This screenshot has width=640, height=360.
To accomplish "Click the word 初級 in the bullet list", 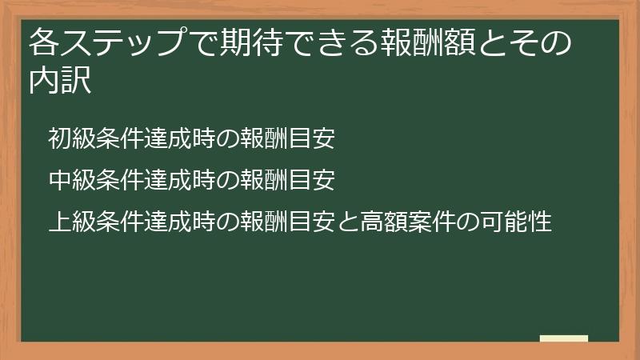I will tap(71, 140).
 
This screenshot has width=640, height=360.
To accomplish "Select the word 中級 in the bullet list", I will tap(71, 180).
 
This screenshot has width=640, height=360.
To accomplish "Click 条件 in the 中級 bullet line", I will tap(119, 180).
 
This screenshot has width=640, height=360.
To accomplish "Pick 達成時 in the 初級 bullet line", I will tap(179, 140).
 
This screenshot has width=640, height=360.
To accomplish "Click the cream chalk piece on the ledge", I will tap(563, 339).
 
